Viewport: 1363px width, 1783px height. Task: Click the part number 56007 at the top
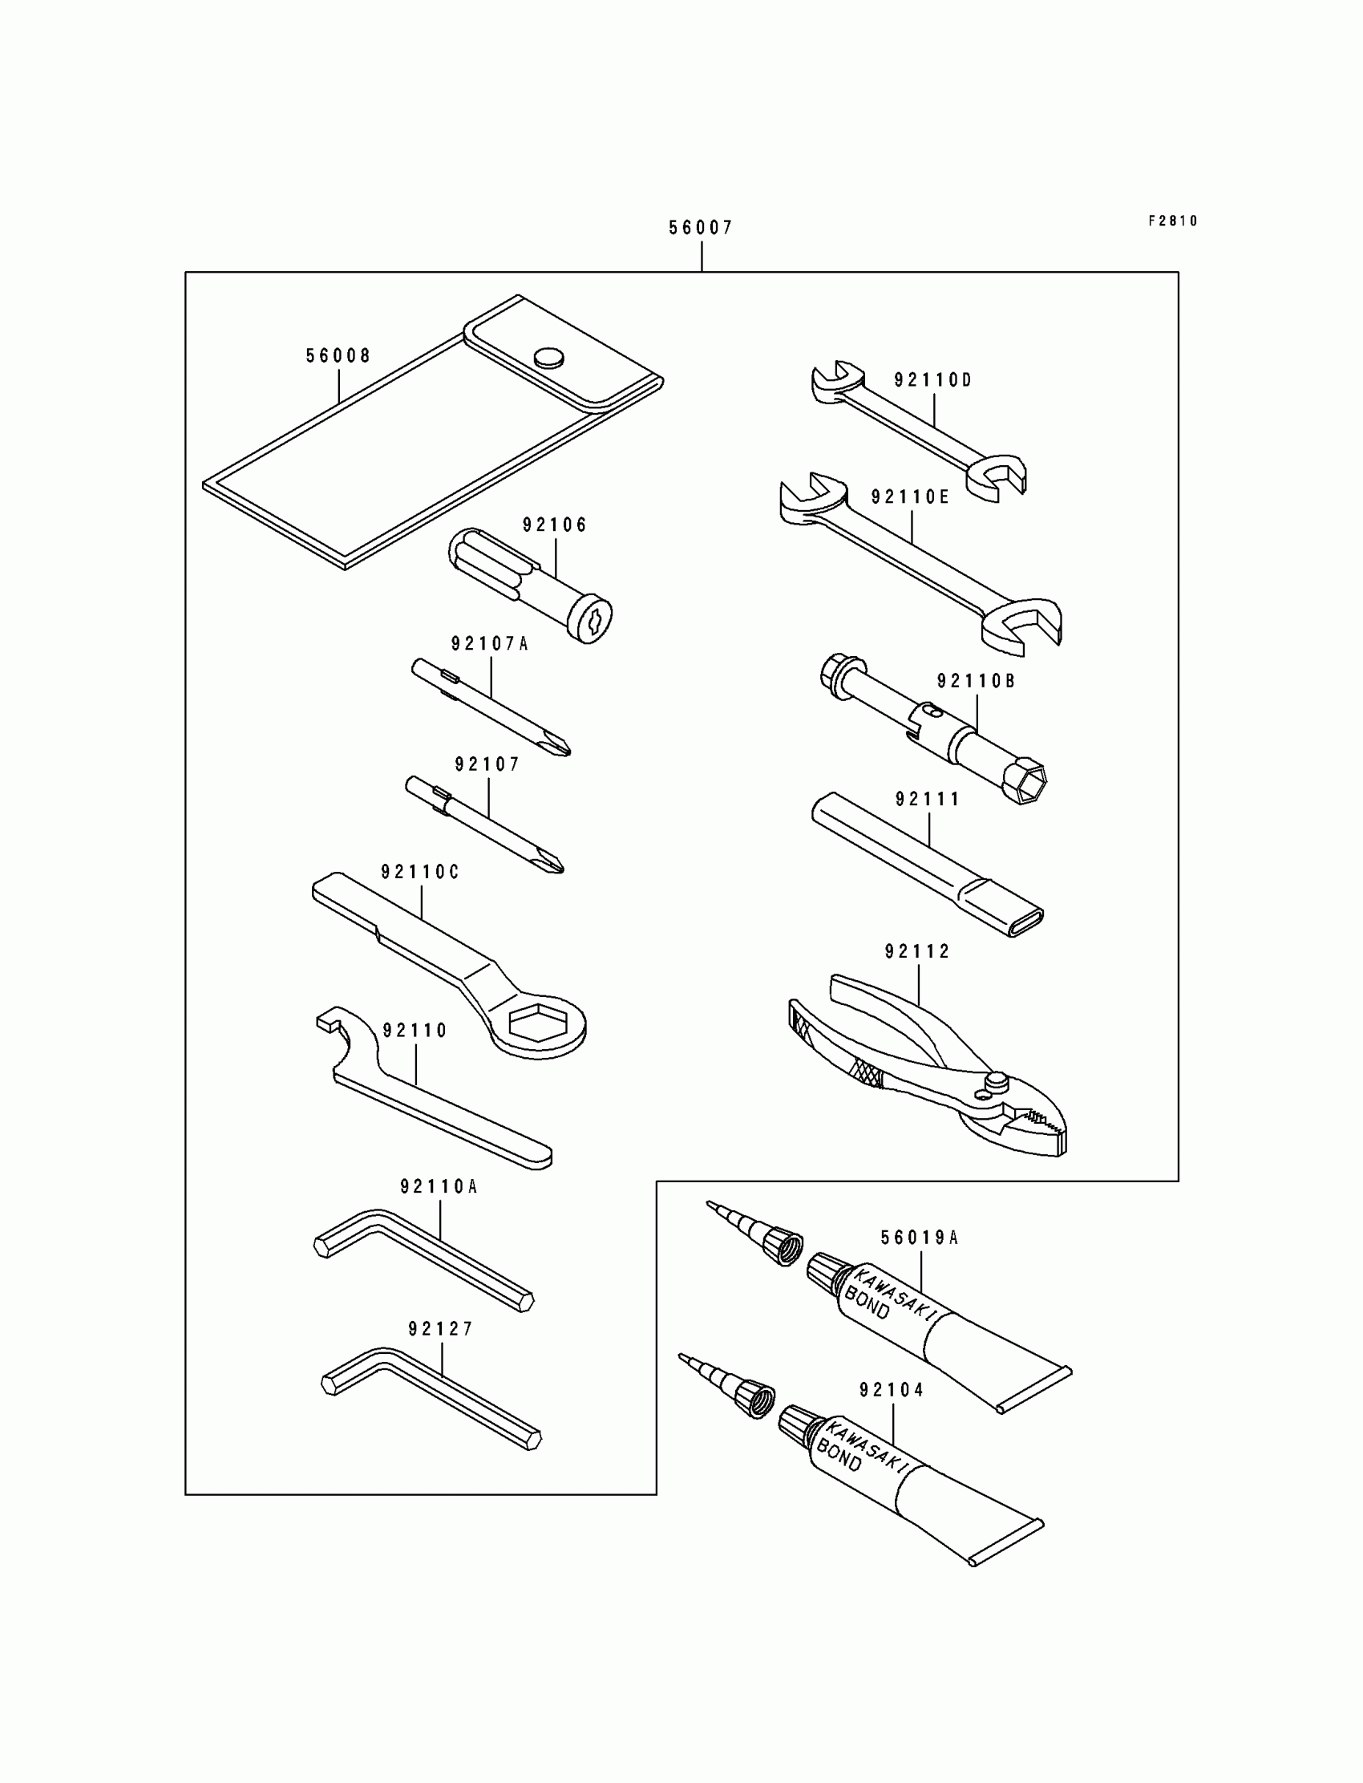tap(700, 228)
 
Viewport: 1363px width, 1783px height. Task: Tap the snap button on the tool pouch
tap(549, 357)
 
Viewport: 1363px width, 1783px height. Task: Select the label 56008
tap(338, 356)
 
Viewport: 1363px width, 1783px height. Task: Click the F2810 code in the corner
tap(1172, 221)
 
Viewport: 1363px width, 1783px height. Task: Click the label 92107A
tap(489, 644)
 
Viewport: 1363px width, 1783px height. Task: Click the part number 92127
tap(440, 1329)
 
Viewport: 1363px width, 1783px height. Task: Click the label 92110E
tap(909, 497)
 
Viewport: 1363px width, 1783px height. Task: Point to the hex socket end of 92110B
tap(1025, 780)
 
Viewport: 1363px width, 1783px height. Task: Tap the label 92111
tap(928, 800)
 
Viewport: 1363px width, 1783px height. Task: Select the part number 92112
tap(917, 951)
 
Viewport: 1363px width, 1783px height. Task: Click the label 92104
tap(892, 1390)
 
